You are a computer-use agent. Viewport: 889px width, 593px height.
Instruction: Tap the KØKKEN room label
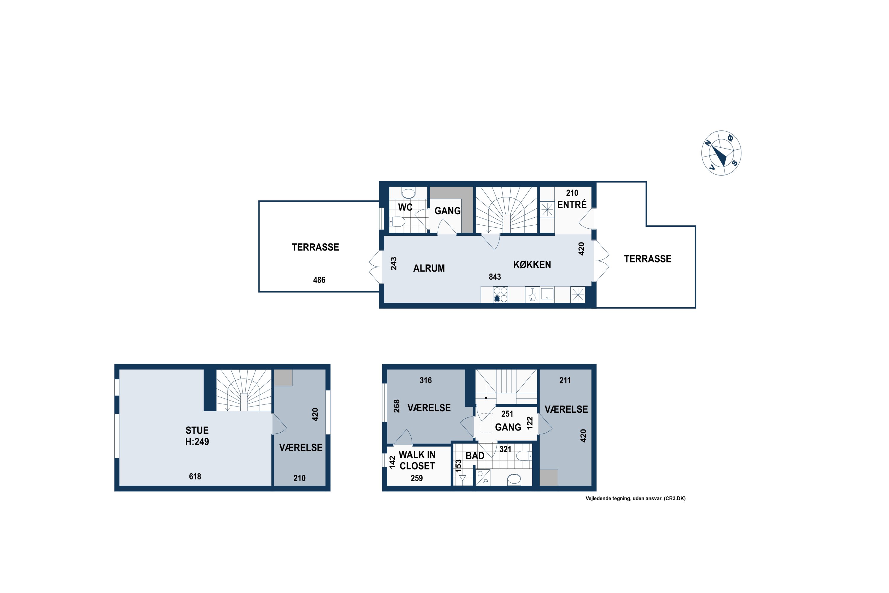click(x=532, y=265)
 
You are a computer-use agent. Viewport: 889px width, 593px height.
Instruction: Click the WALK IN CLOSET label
click(x=417, y=460)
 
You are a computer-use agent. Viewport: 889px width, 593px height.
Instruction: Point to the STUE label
click(x=197, y=431)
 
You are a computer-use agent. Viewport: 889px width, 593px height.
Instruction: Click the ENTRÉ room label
click(x=572, y=205)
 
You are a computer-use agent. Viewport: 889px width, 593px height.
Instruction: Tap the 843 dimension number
click(x=495, y=277)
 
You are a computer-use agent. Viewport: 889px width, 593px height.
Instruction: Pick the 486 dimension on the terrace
click(x=319, y=280)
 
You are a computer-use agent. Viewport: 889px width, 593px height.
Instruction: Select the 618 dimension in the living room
click(x=195, y=476)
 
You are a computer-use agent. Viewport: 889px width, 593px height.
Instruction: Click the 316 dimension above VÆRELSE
click(x=426, y=380)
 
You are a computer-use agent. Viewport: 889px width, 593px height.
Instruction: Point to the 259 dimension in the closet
click(x=417, y=478)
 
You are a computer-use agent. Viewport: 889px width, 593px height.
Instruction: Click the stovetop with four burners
click(x=501, y=295)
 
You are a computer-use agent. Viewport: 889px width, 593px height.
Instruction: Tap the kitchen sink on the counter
click(x=547, y=294)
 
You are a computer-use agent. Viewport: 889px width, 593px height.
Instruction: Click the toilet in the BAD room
click(x=524, y=456)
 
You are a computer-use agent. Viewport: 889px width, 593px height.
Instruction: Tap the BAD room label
click(x=475, y=456)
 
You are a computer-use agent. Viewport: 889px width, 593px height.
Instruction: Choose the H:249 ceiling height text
click(x=197, y=441)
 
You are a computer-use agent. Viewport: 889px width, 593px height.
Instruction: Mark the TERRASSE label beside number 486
click(x=315, y=247)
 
